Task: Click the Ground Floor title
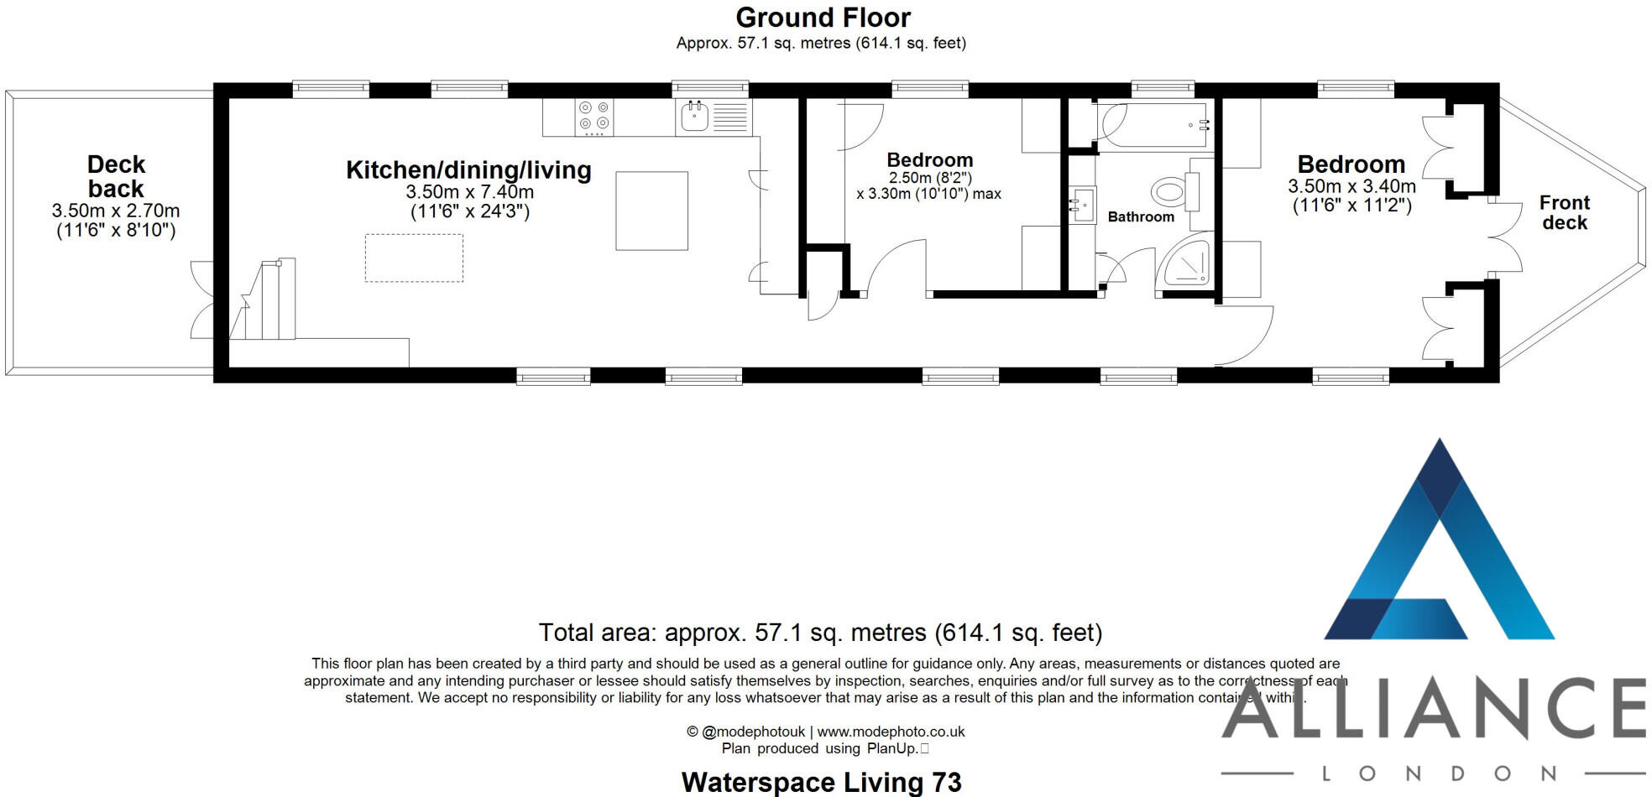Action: coord(823,18)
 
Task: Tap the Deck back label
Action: coord(116,176)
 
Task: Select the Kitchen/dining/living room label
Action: coord(468,170)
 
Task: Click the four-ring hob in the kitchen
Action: coord(593,117)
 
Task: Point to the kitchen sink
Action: coord(694,117)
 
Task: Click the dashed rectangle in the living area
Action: coord(414,258)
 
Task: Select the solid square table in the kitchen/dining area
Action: coord(651,211)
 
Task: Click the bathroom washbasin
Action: coord(1082,204)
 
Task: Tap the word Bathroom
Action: coord(1141,217)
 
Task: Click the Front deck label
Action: coord(1564,213)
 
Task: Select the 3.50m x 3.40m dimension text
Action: coord(1351,186)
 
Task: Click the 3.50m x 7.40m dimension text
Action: coord(469,192)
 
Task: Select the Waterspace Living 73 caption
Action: coord(821,782)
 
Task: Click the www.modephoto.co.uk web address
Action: coord(891,732)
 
